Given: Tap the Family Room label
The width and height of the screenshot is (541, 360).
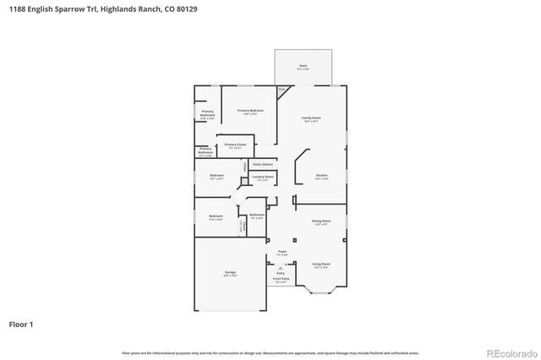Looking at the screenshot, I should tap(312, 118).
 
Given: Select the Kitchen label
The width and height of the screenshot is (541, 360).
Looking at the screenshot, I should tap(321, 177).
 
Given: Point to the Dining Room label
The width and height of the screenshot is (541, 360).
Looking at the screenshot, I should tap(321, 222).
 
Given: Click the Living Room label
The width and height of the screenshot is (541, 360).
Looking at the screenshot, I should tap(321, 265).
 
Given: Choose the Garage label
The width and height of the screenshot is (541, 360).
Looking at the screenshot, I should tap(230, 273).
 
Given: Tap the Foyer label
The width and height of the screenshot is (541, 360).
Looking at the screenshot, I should tap(282, 252).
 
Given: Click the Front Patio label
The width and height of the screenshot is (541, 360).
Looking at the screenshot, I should tap(282, 281).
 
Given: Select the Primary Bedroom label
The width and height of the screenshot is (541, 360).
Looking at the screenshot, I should tap(250, 112).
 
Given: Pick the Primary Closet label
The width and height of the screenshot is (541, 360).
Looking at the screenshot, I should tap(235, 145).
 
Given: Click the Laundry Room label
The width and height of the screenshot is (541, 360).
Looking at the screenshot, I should tap(262, 177).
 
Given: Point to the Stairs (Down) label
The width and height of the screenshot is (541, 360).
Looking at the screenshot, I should tap(262, 164).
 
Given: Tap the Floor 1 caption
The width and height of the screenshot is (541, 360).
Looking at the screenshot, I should tap(21, 324).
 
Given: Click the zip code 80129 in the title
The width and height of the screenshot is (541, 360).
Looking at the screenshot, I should tap(159, 8).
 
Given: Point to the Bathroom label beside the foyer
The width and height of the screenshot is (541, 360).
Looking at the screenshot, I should tap(257, 215).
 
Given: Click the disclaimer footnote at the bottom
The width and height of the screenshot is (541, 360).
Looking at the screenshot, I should tap(270, 352).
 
